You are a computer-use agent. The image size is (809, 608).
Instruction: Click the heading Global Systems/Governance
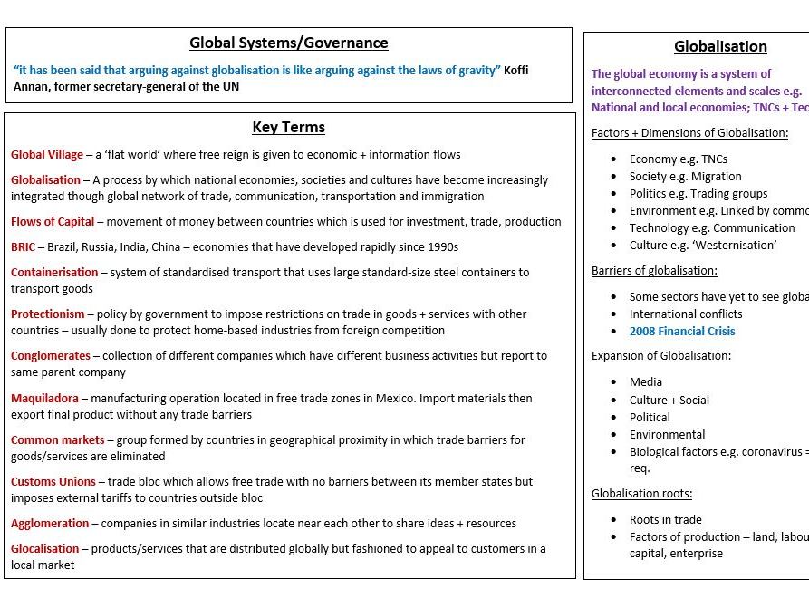click(288, 43)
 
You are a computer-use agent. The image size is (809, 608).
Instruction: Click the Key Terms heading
click(288, 128)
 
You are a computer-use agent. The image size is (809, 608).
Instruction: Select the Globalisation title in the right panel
click(720, 47)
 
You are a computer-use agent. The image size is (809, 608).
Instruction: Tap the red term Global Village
click(47, 155)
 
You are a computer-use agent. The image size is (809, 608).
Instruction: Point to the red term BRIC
click(24, 246)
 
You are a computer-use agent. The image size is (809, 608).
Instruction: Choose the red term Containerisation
click(54, 272)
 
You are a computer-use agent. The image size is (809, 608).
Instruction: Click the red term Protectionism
click(49, 314)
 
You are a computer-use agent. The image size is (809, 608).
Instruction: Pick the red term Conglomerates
click(51, 356)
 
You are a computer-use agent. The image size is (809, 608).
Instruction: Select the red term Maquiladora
click(44, 398)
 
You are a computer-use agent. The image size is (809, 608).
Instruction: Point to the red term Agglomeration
click(50, 523)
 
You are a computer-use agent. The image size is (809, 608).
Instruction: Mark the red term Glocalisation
click(44, 548)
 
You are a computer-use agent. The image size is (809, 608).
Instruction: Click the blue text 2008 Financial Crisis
click(682, 332)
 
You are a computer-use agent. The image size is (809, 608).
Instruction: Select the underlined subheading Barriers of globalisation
click(654, 271)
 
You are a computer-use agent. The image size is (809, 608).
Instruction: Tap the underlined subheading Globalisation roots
click(641, 494)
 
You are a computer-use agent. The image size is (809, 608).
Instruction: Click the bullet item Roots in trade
click(665, 519)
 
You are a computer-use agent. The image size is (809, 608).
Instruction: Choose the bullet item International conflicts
click(686, 314)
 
